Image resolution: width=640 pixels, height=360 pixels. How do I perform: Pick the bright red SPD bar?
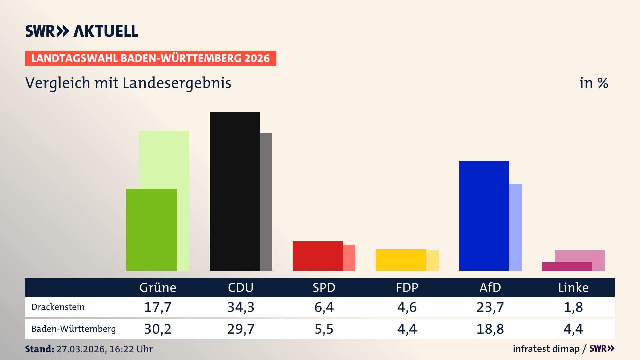click(317, 256)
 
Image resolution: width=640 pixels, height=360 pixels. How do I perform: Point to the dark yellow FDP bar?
click(400, 260)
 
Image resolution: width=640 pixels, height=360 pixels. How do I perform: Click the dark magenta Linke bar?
click(567, 266)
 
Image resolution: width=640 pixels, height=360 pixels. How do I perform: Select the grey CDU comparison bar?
click(266, 202)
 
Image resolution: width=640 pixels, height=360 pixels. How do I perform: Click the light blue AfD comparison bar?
click(515, 227)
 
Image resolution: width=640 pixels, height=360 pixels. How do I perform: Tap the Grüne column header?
click(158, 287)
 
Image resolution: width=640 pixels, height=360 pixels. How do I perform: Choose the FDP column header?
click(407, 287)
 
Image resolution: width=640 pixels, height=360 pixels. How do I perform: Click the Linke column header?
click(573, 287)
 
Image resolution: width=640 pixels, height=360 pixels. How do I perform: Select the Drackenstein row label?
click(58, 307)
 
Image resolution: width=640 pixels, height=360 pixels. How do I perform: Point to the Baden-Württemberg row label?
click(74, 329)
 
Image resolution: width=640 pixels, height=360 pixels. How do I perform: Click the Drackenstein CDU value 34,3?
click(241, 307)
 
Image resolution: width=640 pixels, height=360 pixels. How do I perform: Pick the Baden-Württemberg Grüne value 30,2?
click(158, 329)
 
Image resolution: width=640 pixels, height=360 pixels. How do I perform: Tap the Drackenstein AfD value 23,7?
click(490, 307)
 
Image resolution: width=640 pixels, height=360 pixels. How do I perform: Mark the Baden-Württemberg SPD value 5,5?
click(324, 329)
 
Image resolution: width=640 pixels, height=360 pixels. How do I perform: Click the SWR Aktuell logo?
click(82, 31)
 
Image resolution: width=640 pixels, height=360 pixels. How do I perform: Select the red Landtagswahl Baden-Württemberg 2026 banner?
click(150, 58)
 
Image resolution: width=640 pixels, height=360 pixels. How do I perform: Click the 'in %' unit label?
click(594, 83)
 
